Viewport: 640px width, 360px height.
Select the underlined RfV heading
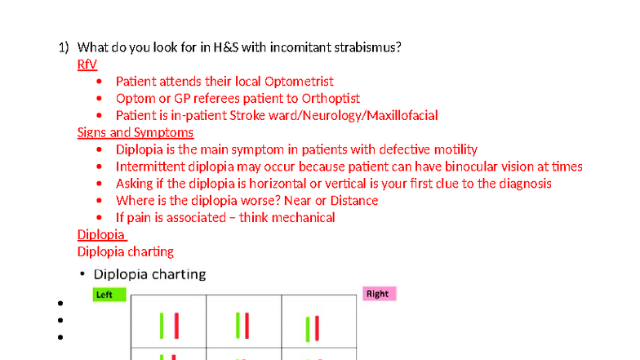click(87, 64)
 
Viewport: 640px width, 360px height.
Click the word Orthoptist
click(329, 98)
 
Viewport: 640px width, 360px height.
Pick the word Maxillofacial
click(402, 115)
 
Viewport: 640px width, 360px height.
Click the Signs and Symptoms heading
click(136, 132)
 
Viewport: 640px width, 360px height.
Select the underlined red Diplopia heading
click(101, 235)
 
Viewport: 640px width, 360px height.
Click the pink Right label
click(379, 293)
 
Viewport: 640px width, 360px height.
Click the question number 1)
click(64, 47)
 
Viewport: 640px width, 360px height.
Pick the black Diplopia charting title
click(149, 274)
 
